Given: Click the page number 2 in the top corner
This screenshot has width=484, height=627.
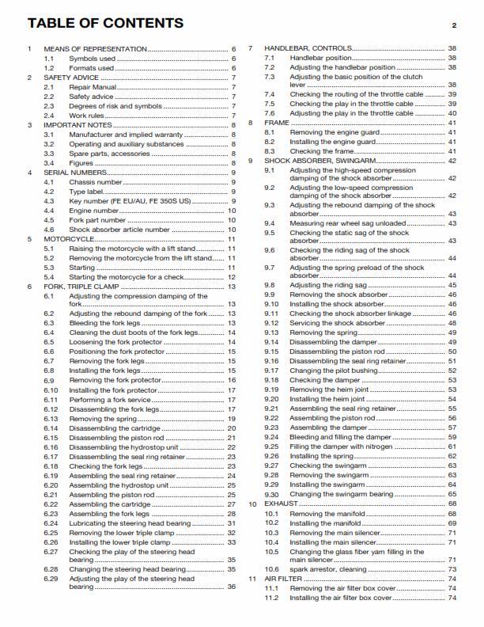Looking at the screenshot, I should [x=455, y=25].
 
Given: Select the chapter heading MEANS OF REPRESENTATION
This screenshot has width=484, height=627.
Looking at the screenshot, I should [x=95, y=49].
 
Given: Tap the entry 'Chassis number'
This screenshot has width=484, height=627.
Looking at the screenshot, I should [x=97, y=182].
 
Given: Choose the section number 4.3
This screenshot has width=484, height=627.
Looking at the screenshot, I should [x=49, y=201].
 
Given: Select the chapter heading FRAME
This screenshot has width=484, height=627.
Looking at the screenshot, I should [x=276, y=123].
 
